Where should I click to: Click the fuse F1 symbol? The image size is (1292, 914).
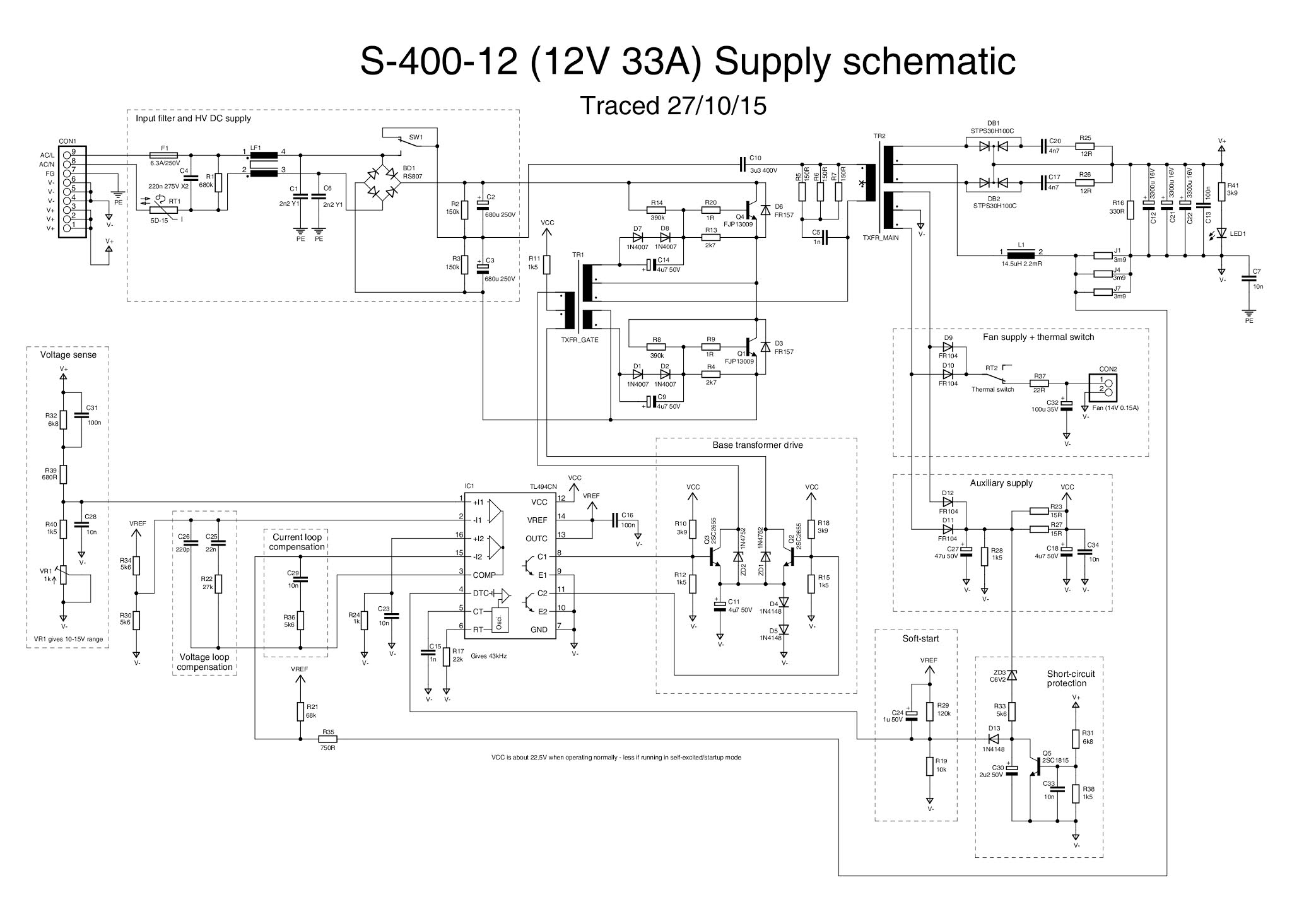pos(164,155)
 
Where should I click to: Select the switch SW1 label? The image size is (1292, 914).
pos(416,137)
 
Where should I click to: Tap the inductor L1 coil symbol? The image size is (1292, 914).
pos(1021,255)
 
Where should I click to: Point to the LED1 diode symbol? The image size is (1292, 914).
pos(1222,233)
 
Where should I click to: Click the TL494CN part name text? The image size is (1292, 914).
pos(543,487)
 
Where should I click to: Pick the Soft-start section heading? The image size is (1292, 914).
pos(920,638)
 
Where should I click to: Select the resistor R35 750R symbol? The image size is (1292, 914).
pos(327,739)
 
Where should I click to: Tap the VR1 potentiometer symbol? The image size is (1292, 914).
pos(64,575)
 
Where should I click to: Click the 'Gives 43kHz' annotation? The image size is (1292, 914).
pos(488,656)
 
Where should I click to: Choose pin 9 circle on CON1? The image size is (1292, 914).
pos(67,152)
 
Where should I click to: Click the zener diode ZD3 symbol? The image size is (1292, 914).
pos(1012,676)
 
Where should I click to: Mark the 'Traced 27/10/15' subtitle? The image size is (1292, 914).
pos(672,106)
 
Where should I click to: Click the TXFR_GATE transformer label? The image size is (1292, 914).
pos(579,339)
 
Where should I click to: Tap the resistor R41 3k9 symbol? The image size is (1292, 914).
pos(1222,190)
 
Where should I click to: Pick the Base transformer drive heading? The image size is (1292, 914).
pos(758,445)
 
